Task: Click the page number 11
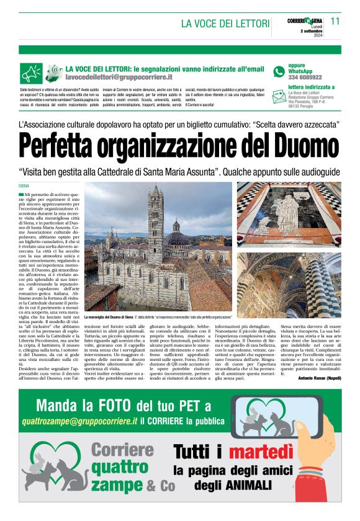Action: (336, 20)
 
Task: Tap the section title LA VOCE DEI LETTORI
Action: (225, 24)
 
